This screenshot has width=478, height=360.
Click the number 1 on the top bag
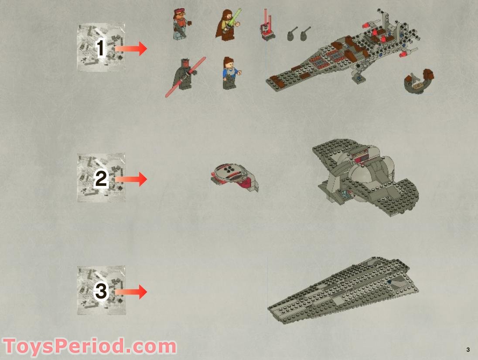coord(101,48)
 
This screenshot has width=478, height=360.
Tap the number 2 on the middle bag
coord(101,178)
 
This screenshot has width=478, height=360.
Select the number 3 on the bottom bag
coord(101,291)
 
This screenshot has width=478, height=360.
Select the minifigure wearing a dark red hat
coord(179,24)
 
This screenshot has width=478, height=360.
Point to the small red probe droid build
coord(267,27)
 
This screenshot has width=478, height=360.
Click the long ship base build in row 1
coord(345,57)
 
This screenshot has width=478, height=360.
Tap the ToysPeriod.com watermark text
coord(89,346)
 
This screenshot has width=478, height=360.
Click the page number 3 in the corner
coord(468,350)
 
